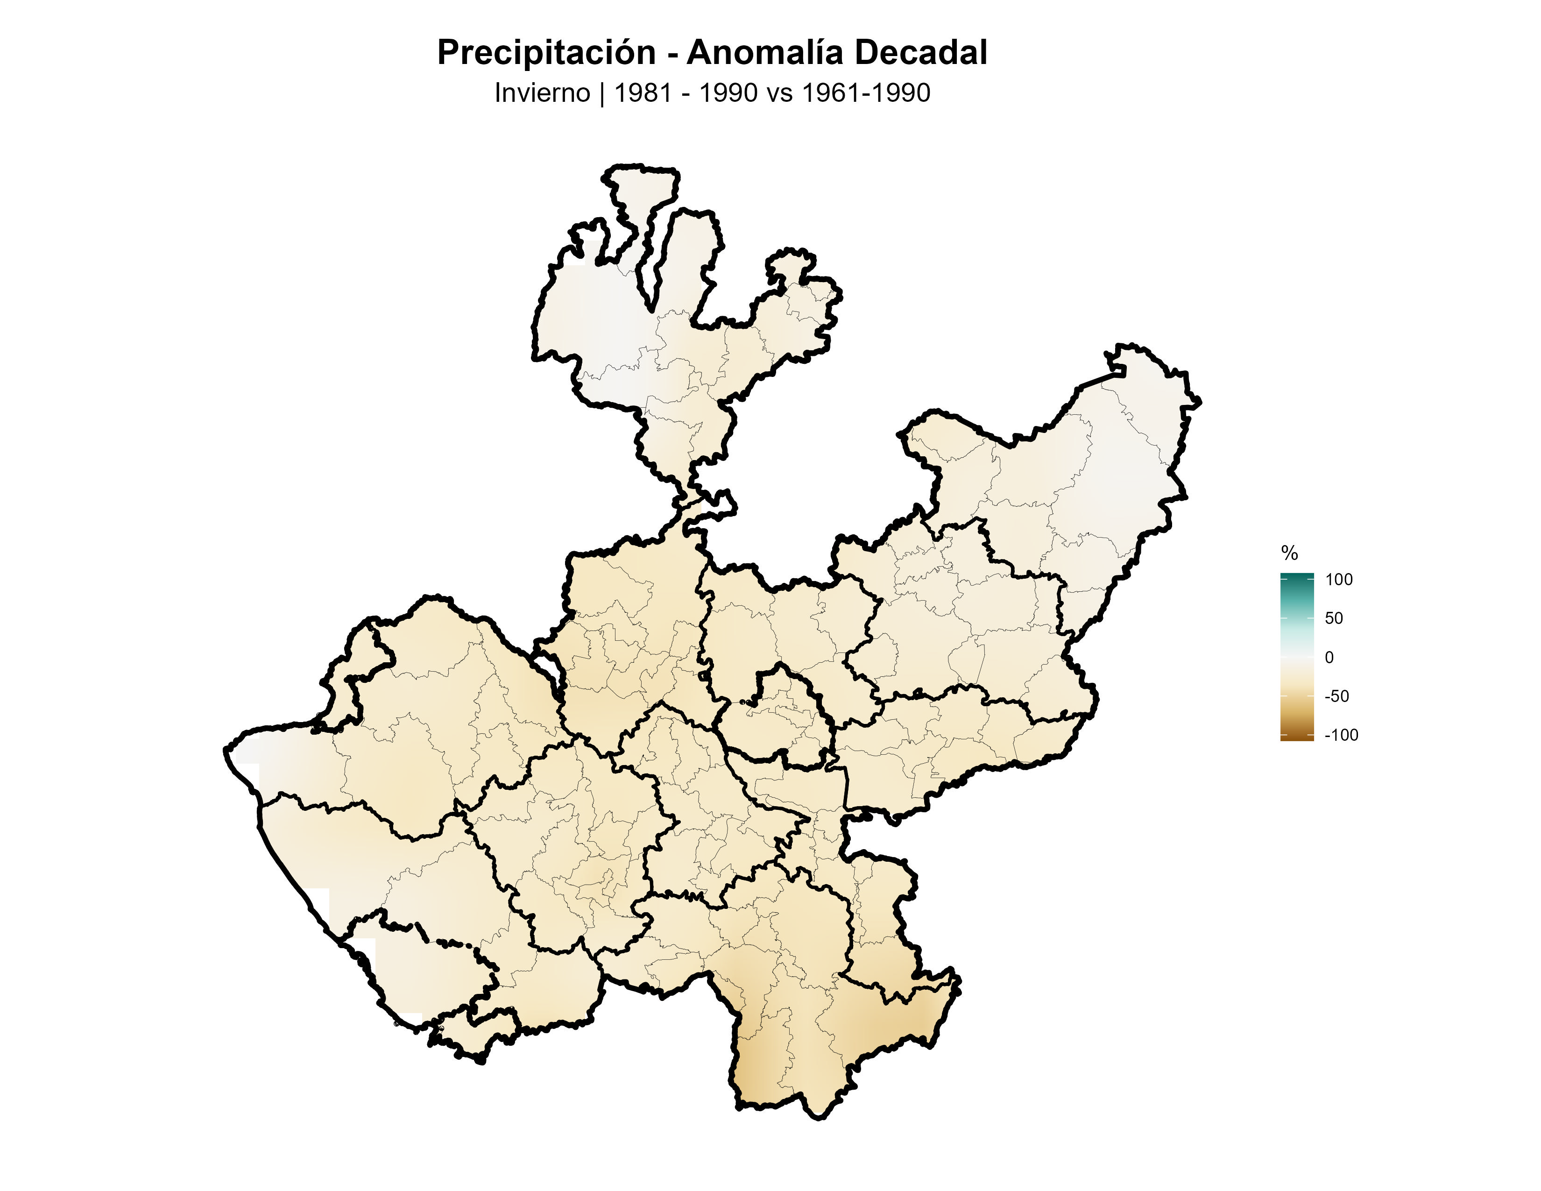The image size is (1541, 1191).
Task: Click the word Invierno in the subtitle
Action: coord(542,93)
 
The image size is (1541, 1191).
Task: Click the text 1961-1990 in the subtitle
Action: coord(866,93)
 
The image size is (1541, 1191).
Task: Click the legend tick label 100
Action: coord(1338,580)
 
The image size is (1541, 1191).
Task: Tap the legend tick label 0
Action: coord(1329,658)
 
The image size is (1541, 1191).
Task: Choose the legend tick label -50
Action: coord(1336,696)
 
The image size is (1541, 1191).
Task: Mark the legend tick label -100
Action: coord(1341,735)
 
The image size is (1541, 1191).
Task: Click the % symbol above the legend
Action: coord(1289,553)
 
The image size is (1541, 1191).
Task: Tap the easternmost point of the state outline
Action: coord(1200,402)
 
